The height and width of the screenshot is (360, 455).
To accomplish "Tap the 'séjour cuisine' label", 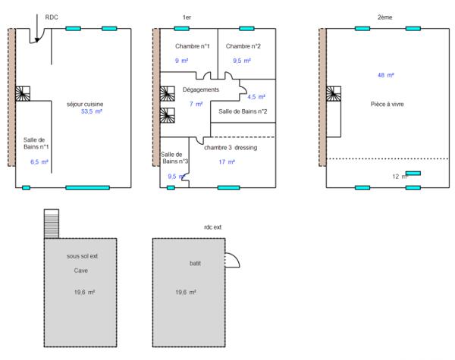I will pos(86,103).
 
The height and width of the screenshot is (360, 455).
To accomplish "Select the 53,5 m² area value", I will pos(92,111).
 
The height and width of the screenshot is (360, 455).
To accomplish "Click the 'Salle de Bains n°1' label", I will pos(35,142).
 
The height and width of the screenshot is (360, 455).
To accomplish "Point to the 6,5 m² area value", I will pos(39,162).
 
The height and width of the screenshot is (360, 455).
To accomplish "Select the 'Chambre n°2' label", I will pos(243,46).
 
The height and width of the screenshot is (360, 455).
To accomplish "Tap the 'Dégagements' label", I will pos(201,89).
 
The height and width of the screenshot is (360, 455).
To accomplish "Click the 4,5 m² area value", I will pos(256,97).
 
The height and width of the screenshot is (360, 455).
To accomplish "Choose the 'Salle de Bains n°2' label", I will pos(243,111).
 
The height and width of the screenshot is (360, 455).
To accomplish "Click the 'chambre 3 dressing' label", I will pos(231,147).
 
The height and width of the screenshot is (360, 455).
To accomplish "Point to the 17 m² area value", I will pos(227,162).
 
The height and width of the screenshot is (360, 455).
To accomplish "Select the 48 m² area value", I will pos(386,76).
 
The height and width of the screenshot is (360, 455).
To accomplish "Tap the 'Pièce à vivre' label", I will pos(387,104).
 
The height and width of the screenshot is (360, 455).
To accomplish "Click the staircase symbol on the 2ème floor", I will pos(334,93).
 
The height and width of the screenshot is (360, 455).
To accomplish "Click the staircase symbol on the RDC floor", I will pos(24,93).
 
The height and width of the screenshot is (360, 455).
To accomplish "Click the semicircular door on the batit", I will pos(234,261).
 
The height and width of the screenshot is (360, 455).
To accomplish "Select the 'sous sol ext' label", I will pos(82,256).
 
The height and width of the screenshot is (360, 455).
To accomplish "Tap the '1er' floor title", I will pos(187,16).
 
